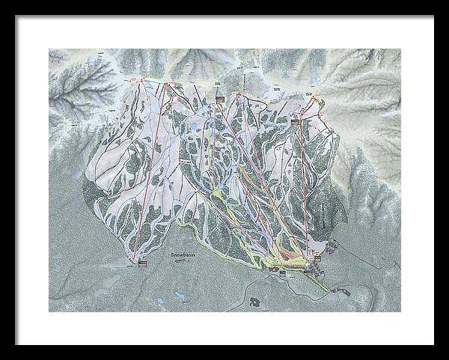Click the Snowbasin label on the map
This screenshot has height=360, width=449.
coord(183,254)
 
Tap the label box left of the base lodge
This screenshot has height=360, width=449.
coord(282,274)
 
